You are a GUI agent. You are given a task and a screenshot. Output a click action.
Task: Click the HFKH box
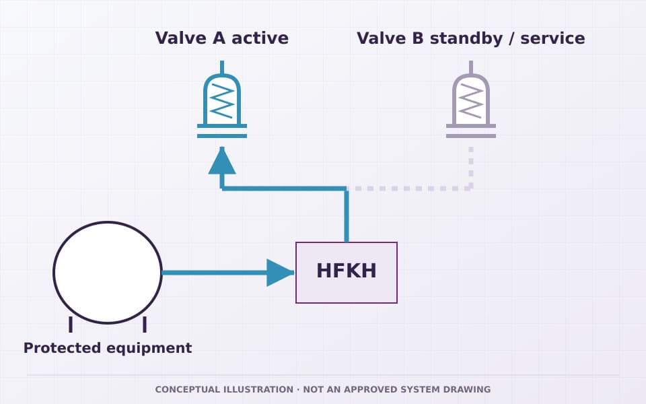[x=347, y=273]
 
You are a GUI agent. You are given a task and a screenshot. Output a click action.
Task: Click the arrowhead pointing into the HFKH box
[x=280, y=273]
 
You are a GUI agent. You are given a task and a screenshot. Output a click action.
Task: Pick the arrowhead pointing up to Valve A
[x=222, y=161]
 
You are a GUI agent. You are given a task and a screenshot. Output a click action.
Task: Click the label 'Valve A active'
[x=222, y=38]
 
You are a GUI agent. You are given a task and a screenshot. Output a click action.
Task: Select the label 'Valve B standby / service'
[x=471, y=38]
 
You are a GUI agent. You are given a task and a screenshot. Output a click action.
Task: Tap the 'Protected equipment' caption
[x=108, y=348]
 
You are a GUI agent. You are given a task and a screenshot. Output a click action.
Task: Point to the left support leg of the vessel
[x=71, y=325]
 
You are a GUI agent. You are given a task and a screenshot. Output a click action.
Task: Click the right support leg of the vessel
[x=145, y=325]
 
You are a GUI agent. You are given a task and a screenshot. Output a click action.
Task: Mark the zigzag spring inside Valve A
[x=222, y=101]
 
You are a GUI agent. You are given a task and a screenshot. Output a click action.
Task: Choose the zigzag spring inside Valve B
[x=471, y=101]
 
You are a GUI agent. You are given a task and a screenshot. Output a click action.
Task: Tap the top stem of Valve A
[x=222, y=67]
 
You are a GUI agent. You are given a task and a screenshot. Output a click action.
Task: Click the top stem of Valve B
[x=471, y=67]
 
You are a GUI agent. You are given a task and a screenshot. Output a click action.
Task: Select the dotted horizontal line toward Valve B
[x=408, y=189]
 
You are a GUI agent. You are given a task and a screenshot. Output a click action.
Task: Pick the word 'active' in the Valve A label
[x=260, y=38]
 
